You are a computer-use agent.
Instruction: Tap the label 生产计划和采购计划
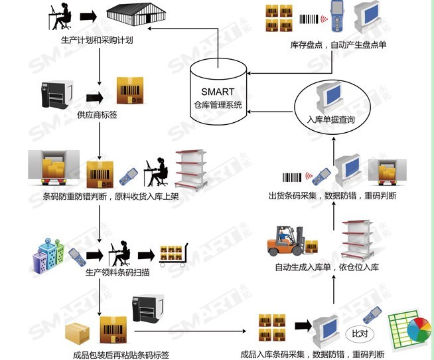click(x=97, y=40)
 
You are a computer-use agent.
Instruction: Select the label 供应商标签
click(x=97, y=115)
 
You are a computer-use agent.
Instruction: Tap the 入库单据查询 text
click(x=330, y=120)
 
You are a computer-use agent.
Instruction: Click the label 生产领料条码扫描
click(x=117, y=272)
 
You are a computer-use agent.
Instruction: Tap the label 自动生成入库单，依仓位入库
click(x=326, y=268)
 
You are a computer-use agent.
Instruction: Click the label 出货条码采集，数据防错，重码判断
click(x=332, y=196)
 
